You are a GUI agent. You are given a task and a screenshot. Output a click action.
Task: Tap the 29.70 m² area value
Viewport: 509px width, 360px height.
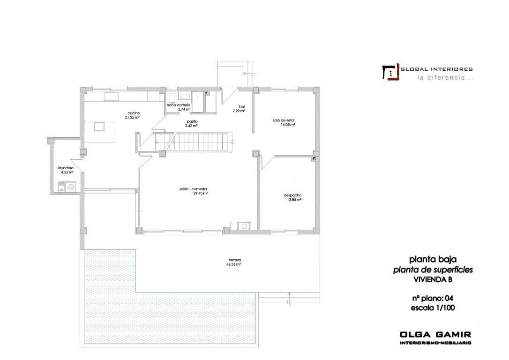point(200,193)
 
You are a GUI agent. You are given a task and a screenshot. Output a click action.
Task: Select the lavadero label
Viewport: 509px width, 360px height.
point(65,168)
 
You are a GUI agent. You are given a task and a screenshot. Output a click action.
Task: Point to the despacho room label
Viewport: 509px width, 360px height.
point(292,195)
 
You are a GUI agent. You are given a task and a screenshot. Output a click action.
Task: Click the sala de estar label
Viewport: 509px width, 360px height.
point(284,120)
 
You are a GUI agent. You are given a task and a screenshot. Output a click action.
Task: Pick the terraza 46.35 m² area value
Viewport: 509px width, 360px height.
point(234,264)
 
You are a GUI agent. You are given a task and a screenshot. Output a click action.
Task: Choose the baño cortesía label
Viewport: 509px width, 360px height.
point(179,105)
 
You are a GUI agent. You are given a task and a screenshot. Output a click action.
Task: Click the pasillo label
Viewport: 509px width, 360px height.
point(192,121)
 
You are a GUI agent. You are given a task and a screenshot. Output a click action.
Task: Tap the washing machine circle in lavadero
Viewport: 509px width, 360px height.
point(71,187)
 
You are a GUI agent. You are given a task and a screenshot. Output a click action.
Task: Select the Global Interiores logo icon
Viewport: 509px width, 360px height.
point(390,72)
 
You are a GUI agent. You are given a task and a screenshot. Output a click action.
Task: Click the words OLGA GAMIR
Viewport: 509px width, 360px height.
point(435,335)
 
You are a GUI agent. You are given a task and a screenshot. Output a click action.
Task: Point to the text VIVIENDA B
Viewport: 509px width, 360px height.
point(433,279)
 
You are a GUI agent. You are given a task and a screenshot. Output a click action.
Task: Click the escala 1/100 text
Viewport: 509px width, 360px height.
point(433,308)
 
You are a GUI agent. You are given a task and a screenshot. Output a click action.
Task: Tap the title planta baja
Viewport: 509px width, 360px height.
point(433,259)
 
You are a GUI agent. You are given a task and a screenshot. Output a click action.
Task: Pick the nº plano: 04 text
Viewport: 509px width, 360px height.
point(433,298)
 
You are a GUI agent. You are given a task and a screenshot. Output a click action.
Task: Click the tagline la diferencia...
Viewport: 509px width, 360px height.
point(445,78)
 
